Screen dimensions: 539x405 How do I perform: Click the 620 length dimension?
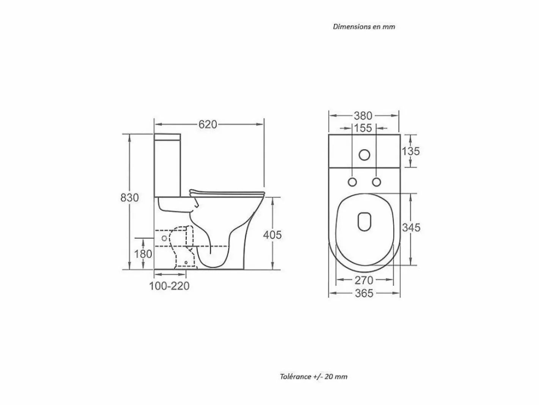pos(208,124)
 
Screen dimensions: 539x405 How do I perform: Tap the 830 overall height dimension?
pos(129,198)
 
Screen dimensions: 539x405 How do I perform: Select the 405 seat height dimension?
pos(272,235)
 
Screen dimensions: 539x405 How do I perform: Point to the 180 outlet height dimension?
pos(143,254)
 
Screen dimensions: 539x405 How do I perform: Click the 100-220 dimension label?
pos(169,286)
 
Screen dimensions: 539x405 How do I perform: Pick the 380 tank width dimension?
pos(363,115)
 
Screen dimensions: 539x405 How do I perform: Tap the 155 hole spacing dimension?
pos(363,128)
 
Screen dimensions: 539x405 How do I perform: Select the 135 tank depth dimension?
pos(411,151)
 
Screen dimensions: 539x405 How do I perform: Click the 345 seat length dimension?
pos(411,227)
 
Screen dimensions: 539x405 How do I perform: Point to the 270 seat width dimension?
pos(364,280)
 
